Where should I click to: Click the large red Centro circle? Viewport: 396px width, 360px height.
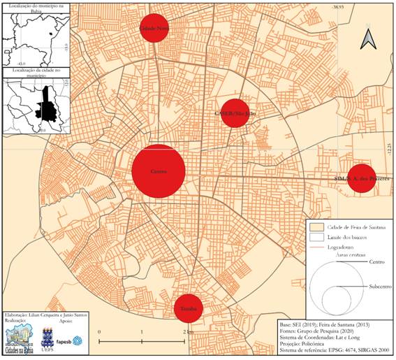(x=159, y=171)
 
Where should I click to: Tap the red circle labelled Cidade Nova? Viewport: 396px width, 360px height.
(x=154, y=28)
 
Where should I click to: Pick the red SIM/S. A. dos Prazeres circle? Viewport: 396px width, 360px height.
(x=362, y=178)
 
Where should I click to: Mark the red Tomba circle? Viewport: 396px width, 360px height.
(x=188, y=308)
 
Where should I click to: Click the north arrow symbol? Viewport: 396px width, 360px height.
(x=367, y=40)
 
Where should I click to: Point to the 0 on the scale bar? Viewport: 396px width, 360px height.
(x=99, y=331)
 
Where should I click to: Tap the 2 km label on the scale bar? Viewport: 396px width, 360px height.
(x=187, y=331)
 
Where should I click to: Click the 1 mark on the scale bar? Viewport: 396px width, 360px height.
(x=142, y=331)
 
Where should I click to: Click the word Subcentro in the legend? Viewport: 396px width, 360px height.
(x=376, y=287)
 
